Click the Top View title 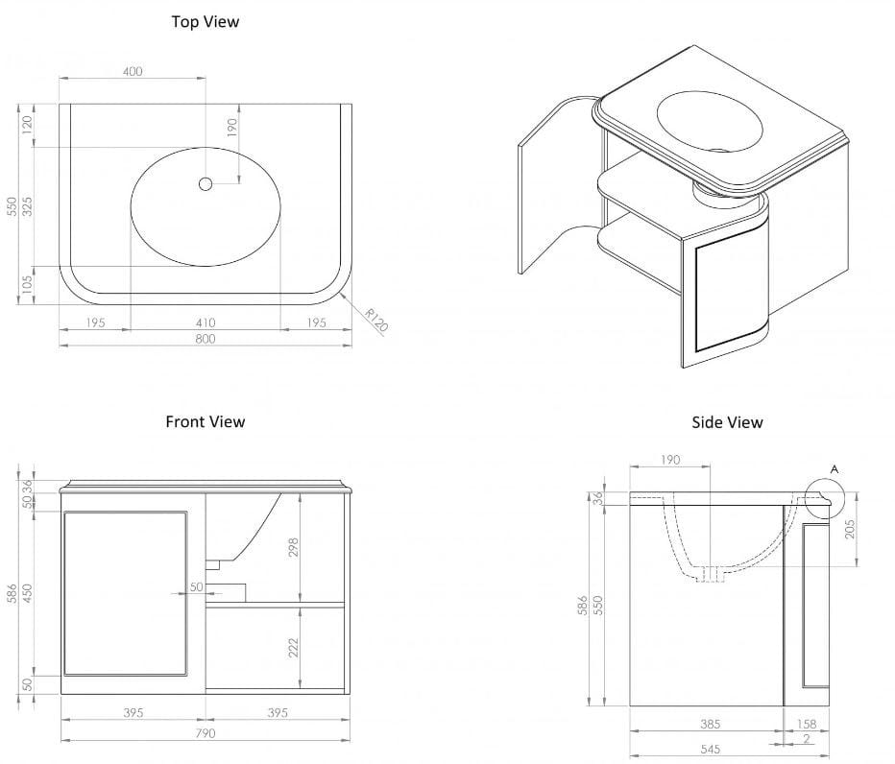point(205,21)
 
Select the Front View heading point(205,421)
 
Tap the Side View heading point(727,422)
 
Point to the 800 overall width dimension point(205,338)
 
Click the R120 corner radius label point(375,319)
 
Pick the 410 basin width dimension point(205,322)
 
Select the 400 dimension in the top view point(133,71)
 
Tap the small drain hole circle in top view point(205,183)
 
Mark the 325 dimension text point(28,206)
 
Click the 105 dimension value point(28,285)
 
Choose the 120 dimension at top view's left point(28,125)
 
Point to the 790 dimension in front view point(205,733)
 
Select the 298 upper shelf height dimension point(294,547)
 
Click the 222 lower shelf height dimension point(294,648)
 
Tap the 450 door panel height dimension point(28,594)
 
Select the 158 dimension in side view point(807,725)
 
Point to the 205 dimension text point(850,528)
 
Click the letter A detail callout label point(834,468)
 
